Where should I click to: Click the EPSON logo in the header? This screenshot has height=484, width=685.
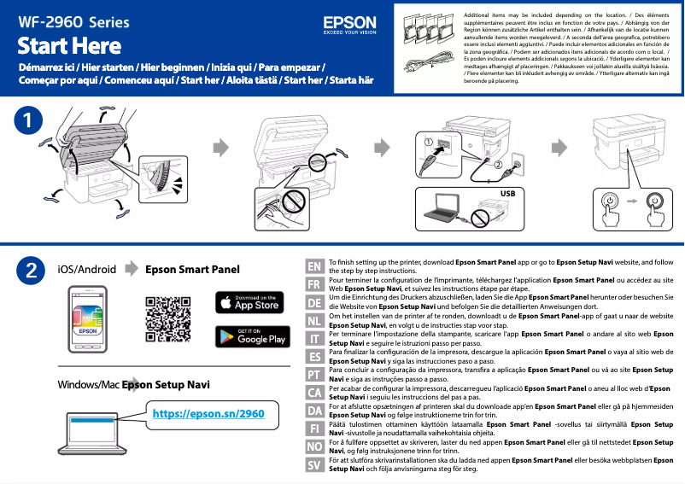[349, 24]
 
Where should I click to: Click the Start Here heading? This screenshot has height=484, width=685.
[69, 44]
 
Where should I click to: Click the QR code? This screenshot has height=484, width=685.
[167, 318]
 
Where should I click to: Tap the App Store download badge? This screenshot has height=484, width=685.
[248, 302]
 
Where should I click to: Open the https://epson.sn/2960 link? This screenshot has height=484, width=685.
[208, 414]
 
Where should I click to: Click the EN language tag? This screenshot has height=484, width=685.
[314, 265]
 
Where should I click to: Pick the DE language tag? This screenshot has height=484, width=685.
[314, 303]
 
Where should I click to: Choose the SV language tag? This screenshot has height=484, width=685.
[314, 464]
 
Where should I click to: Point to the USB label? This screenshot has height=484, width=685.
[508, 194]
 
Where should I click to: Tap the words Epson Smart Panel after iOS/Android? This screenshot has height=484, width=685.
[193, 270]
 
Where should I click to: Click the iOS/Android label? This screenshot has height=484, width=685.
[86, 270]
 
